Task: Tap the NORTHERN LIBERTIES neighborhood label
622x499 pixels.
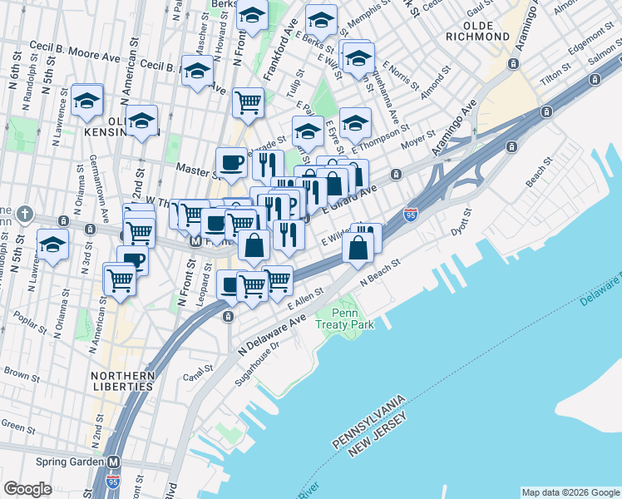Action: click(122, 382)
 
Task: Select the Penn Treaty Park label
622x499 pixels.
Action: click(339, 317)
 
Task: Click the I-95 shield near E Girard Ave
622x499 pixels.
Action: click(410, 215)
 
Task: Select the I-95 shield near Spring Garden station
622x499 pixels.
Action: click(113, 482)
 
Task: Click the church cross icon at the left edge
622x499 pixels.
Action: click(25, 213)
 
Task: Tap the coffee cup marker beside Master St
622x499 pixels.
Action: click(231, 161)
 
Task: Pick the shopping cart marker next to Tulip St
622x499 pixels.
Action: click(248, 101)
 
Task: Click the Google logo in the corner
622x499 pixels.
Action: click(27, 489)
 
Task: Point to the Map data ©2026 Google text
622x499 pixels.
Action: click(570, 492)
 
